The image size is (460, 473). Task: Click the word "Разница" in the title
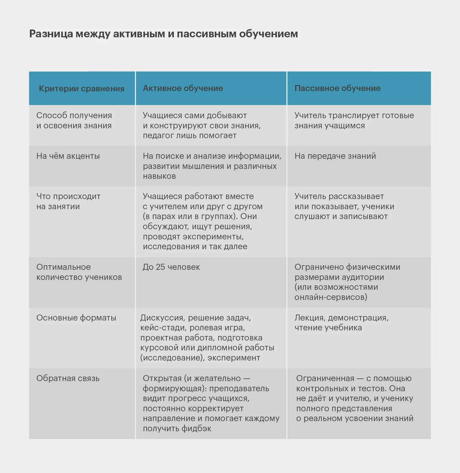51,34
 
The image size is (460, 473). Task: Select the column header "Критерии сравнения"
82,89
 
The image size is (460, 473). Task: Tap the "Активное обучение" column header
183,88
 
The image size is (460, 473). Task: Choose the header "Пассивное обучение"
338,88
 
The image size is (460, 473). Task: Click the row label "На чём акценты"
68,156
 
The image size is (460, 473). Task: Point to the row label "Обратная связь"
68,378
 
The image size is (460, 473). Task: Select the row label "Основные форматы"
76,318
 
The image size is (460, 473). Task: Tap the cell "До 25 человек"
171,267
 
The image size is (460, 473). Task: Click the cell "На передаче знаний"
335,156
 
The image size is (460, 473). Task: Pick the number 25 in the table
160,267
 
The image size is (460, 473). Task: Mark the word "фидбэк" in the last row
197,429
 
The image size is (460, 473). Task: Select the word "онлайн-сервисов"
331,297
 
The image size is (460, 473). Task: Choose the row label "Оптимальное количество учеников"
79,272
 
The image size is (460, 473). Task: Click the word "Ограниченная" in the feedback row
325,378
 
